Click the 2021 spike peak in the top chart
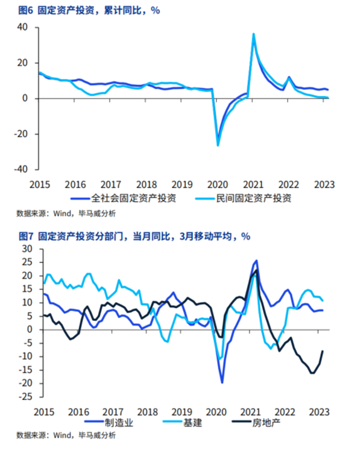254,34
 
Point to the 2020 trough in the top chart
218,145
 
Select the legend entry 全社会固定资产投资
124,198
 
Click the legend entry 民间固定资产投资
243,198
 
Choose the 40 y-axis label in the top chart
22,27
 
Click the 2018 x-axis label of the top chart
147,185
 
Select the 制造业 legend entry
109,422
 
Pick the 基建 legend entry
183,422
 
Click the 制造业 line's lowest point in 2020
222,382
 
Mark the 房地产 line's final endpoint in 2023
323,351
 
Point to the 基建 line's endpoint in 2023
323,301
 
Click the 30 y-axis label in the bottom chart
27,249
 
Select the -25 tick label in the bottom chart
25,396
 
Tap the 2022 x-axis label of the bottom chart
285,412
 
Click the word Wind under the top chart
62,214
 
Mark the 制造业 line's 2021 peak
256,261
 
